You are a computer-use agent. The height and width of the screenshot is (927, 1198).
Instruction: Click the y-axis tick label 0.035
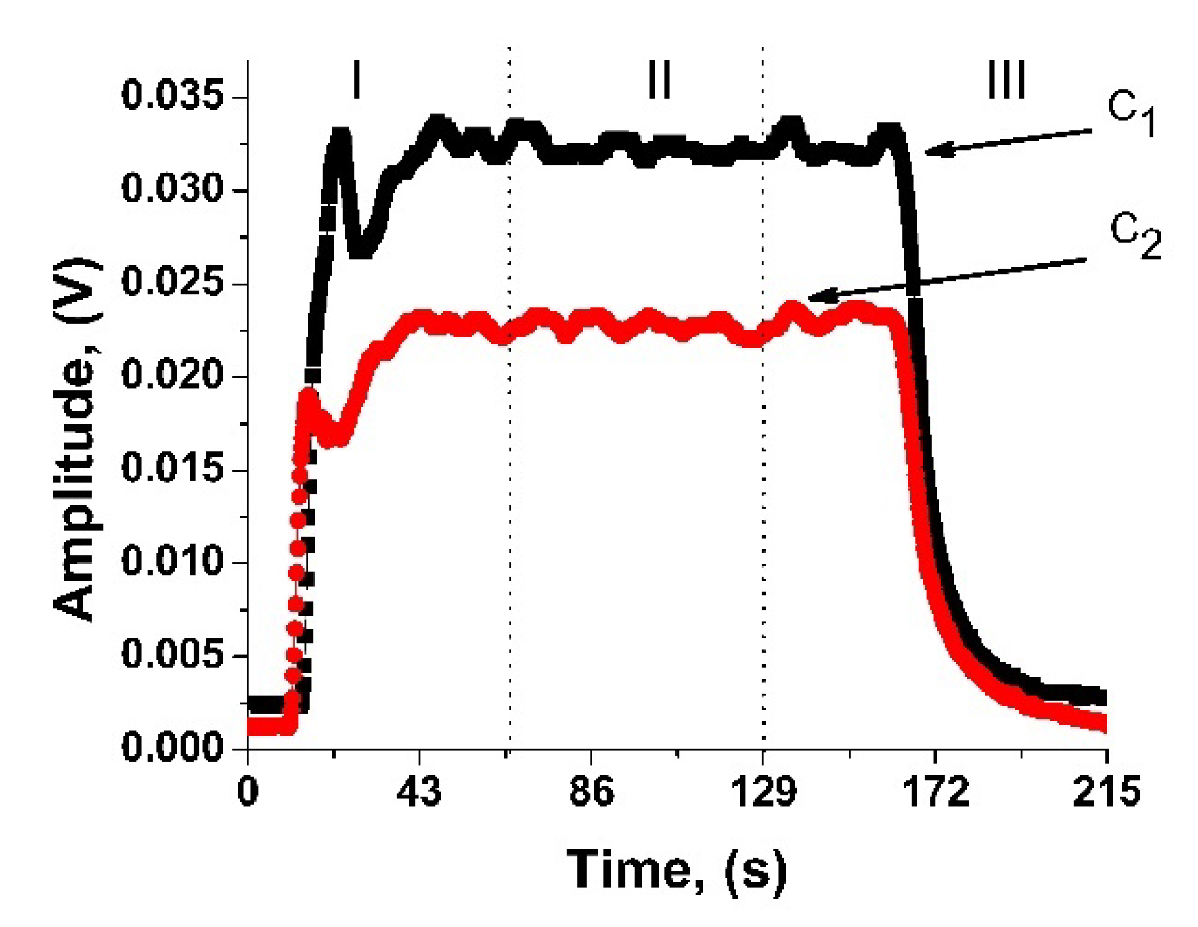(x=172, y=95)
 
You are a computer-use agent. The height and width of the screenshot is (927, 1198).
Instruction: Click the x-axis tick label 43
(x=419, y=790)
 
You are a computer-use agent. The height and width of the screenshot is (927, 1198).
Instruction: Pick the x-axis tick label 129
(x=763, y=790)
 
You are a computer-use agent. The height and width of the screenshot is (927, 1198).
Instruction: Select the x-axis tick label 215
(x=1107, y=790)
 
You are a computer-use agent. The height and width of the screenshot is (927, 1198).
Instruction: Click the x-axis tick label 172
(x=936, y=790)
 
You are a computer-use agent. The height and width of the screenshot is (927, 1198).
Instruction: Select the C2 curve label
(x=1135, y=237)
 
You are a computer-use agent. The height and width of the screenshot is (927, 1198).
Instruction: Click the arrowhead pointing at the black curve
(x=937, y=150)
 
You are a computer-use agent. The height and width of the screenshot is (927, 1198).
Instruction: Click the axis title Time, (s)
(x=676, y=870)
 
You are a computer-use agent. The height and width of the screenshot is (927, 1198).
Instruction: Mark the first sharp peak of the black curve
(x=340, y=135)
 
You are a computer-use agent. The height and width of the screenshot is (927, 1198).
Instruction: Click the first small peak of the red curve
(x=309, y=397)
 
